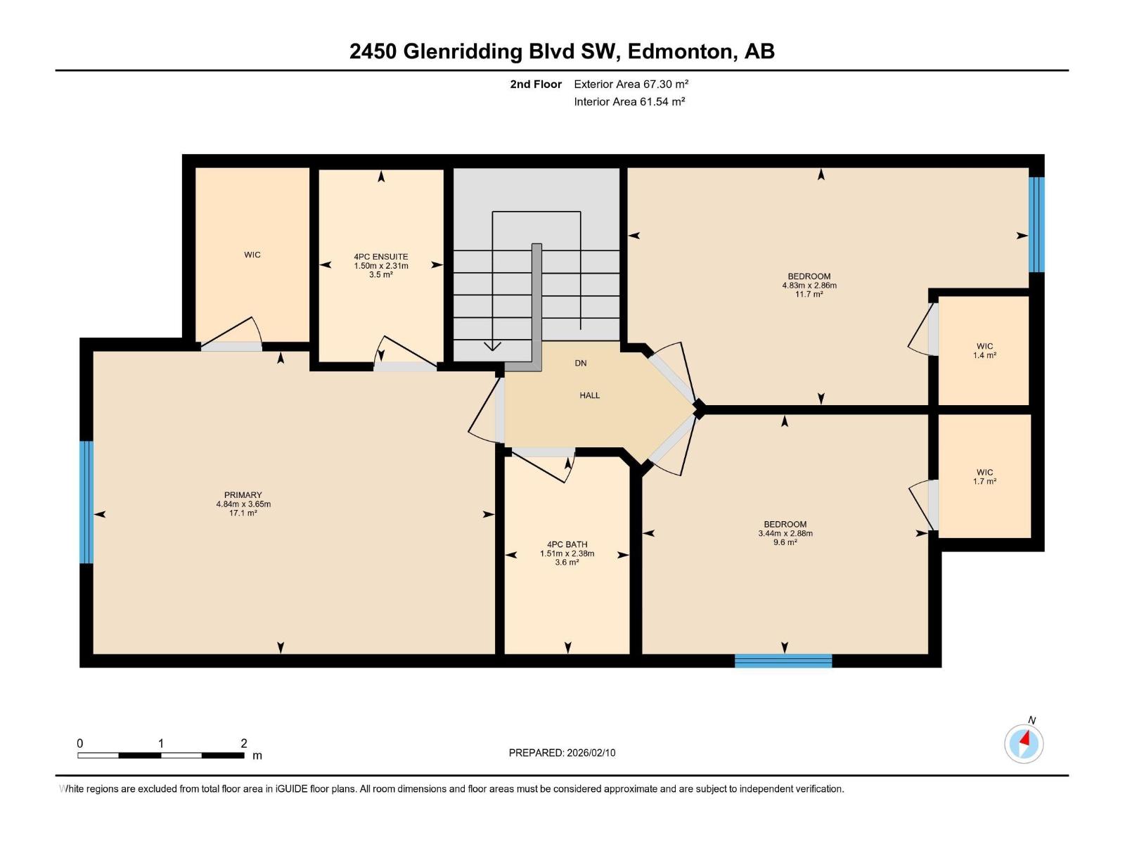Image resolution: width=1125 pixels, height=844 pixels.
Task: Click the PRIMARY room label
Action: tap(243, 495)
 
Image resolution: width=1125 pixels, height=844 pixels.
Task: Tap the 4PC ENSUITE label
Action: tap(380, 257)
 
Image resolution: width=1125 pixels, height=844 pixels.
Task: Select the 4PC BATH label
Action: tap(567, 544)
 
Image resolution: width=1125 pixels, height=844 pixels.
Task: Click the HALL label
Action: tap(589, 395)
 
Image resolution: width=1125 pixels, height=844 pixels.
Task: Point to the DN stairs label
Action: tap(580, 363)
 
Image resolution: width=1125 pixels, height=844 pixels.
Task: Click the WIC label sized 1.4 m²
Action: tap(984, 346)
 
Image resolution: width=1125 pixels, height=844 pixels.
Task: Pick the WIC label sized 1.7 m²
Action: tap(984, 473)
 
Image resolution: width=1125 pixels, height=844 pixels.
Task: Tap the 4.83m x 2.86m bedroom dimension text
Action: tap(809, 286)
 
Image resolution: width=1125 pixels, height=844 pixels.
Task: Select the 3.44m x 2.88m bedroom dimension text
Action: tap(785, 533)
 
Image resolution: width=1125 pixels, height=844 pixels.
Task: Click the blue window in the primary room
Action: tap(86, 502)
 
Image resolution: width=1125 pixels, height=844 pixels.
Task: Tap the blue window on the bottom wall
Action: tap(783, 660)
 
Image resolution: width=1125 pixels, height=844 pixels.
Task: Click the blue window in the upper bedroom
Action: tap(1036, 224)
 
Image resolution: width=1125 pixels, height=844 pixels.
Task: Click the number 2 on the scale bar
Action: tap(243, 743)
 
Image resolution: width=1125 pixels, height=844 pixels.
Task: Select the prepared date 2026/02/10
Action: tap(589, 753)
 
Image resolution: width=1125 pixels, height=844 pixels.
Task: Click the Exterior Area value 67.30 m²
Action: tap(665, 84)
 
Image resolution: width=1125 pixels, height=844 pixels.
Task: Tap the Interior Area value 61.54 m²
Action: tap(662, 101)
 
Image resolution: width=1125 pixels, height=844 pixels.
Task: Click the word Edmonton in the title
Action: tap(679, 51)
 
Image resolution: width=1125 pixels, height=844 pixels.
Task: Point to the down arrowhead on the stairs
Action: tap(492, 345)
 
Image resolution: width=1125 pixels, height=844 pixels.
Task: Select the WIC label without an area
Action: tap(252, 255)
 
